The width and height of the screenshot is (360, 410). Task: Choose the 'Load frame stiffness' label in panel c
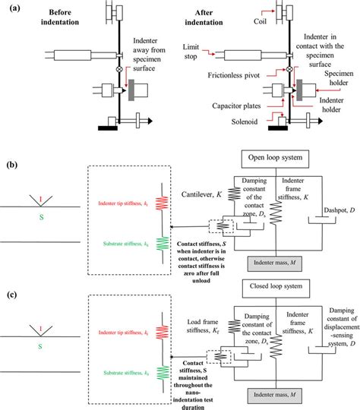pos(206,328)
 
